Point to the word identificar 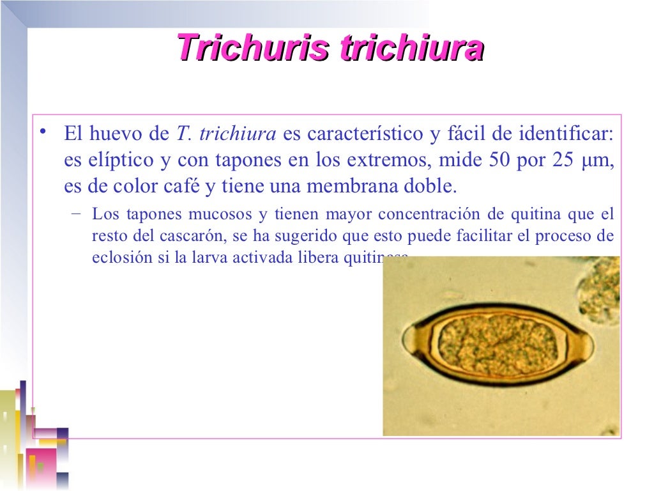click(x=566, y=134)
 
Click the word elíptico click(x=118, y=160)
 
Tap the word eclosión click(x=116, y=258)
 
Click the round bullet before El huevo click(x=43, y=133)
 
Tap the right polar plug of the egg click(x=585, y=346)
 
